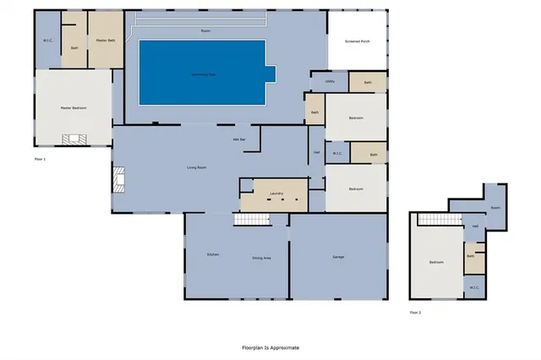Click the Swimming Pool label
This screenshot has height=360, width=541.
[x=203, y=74]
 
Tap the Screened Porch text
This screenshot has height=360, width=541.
[x=358, y=41]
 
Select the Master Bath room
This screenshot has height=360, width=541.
[x=106, y=40]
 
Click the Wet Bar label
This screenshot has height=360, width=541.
[x=239, y=139]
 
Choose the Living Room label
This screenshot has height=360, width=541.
[x=197, y=167]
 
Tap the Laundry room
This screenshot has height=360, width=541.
[x=275, y=194]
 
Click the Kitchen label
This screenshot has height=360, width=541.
[x=213, y=255]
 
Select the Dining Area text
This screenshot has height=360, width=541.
[x=261, y=257]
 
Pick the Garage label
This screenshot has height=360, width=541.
[x=338, y=257]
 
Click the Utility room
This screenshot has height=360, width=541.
[x=330, y=82]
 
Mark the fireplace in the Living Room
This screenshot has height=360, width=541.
[x=117, y=179]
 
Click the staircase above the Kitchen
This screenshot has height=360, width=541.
[x=249, y=220]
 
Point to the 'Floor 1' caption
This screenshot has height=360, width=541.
[x=39, y=159]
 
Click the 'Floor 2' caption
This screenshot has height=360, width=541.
[x=415, y=313]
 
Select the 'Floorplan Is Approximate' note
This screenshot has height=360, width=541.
[x=270, y=347]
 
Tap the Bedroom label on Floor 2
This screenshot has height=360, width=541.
[x=436, y=262]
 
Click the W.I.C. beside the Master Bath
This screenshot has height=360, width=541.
[x=48, y=41]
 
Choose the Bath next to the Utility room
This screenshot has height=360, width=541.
[x=367, y=83]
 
